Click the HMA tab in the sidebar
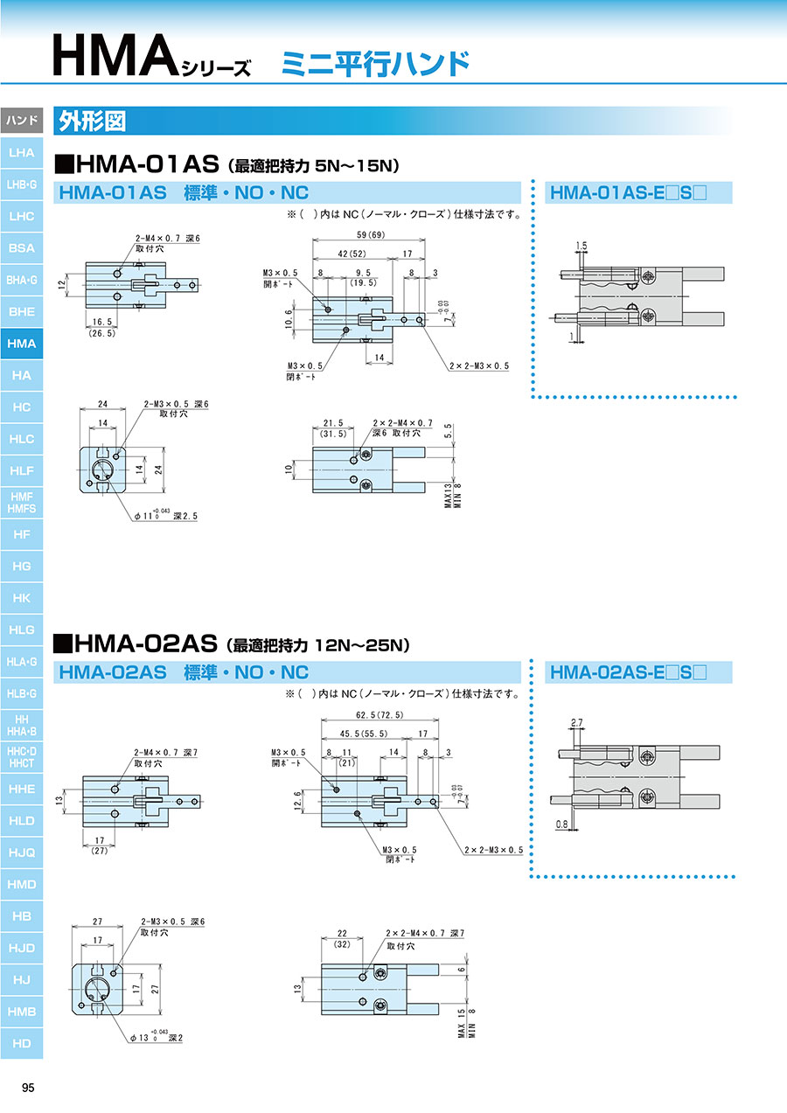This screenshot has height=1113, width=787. pyautogui.click(x=22, y=344)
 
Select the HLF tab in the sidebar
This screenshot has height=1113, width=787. pyautogui.click(x=22, y=470)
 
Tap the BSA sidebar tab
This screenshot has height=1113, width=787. pyautogui.click(x=22, y=248)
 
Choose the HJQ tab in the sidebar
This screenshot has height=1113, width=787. pyautogui.click(x=22, y=852)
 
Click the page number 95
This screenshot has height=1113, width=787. pyautogui.click(x=28, y=1088)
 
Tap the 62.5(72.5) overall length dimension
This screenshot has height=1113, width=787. pyautogui.click(x=374, y=714)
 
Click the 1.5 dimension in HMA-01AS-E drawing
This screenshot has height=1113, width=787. pyautogui.click(x=582, y=246)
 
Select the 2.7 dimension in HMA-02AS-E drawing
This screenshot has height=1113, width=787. pyautogui.click(x=575, y=722)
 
